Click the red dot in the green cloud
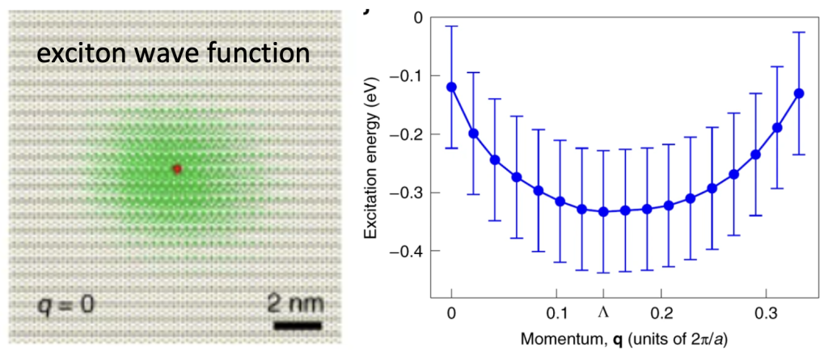[x=177, y=168]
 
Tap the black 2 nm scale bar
[x=298, y=325]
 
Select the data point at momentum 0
[x=451, y=87]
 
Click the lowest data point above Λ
[x=603, y=211]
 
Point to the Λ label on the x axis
[x=603, y=312]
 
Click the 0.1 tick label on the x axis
[x=556, y=312]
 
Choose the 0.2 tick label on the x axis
[x=661, y=312]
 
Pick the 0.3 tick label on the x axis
[x=765, y=312]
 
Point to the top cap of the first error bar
[x=451, y=27]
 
